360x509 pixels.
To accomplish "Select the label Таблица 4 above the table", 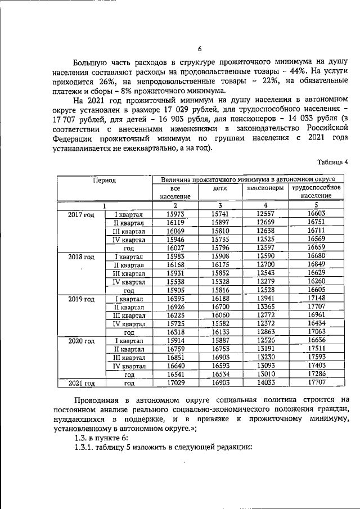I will click(332, 163).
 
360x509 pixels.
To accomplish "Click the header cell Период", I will click(104, 181).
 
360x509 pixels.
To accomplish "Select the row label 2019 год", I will click(81, 299).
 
